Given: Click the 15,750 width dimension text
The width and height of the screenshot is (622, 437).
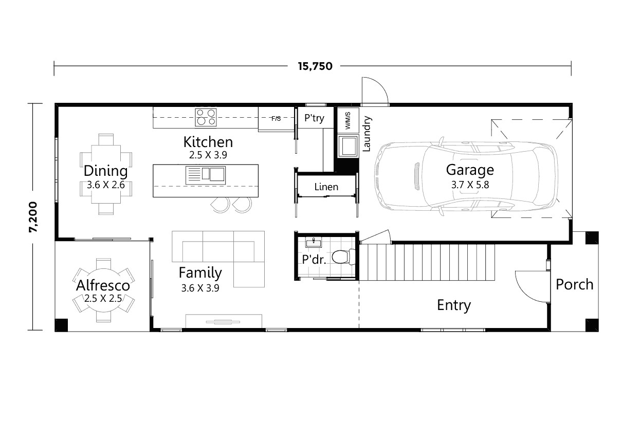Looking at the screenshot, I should coord(315,66).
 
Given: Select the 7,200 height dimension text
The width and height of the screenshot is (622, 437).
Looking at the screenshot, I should coord(33,216).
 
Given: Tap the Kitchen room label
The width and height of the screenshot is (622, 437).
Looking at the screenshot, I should coord(208,141).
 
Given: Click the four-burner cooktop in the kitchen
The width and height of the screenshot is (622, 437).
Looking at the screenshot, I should coord(205,118).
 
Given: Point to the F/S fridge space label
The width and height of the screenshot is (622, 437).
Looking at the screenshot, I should coord(276,119).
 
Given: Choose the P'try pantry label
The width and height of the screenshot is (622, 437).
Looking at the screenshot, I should coord(314,118).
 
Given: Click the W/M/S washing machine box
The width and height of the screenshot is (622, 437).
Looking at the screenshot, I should coord(347,120).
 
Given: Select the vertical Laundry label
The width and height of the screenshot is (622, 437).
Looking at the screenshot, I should coord(367,134).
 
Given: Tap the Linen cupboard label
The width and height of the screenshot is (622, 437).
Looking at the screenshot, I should coord(326,187).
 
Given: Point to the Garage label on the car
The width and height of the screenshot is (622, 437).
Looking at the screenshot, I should coord(469,170).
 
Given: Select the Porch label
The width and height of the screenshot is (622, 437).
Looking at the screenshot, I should coord(574,284).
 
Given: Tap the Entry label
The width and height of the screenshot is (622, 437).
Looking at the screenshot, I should coord(453,305).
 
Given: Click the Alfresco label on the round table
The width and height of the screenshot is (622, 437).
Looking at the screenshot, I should coord(103,285).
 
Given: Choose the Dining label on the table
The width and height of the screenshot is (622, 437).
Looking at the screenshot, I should coord(105,171).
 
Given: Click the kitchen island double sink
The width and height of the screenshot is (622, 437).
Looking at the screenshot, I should coord(206,175).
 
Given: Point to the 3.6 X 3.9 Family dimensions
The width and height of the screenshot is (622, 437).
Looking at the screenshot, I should coord(200,288).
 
